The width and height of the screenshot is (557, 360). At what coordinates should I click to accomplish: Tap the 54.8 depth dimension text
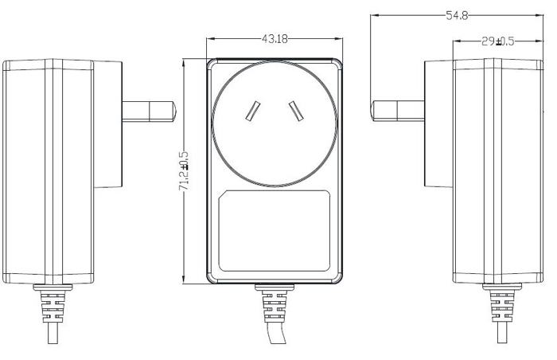(x=456, y=14)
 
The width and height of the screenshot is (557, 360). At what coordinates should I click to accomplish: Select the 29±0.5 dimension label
(x=497, y=41)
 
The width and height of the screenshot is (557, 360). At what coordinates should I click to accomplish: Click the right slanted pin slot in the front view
(x=296, y=112)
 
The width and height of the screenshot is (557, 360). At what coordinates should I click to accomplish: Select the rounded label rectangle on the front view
(x=275, y=229)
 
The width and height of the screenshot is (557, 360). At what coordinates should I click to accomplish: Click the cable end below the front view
(x=276, y=338)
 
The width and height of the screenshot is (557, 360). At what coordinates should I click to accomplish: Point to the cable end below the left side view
(x=50, y=338)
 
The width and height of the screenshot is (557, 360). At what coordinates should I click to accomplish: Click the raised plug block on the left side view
(x=107, y=125)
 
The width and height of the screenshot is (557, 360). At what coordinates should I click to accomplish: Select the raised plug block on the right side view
(x=438, y=125)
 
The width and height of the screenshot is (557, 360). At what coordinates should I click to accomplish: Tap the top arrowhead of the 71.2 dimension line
(x=185, y=61)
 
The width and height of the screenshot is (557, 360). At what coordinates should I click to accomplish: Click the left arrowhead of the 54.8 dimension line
(x=376, y=14)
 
